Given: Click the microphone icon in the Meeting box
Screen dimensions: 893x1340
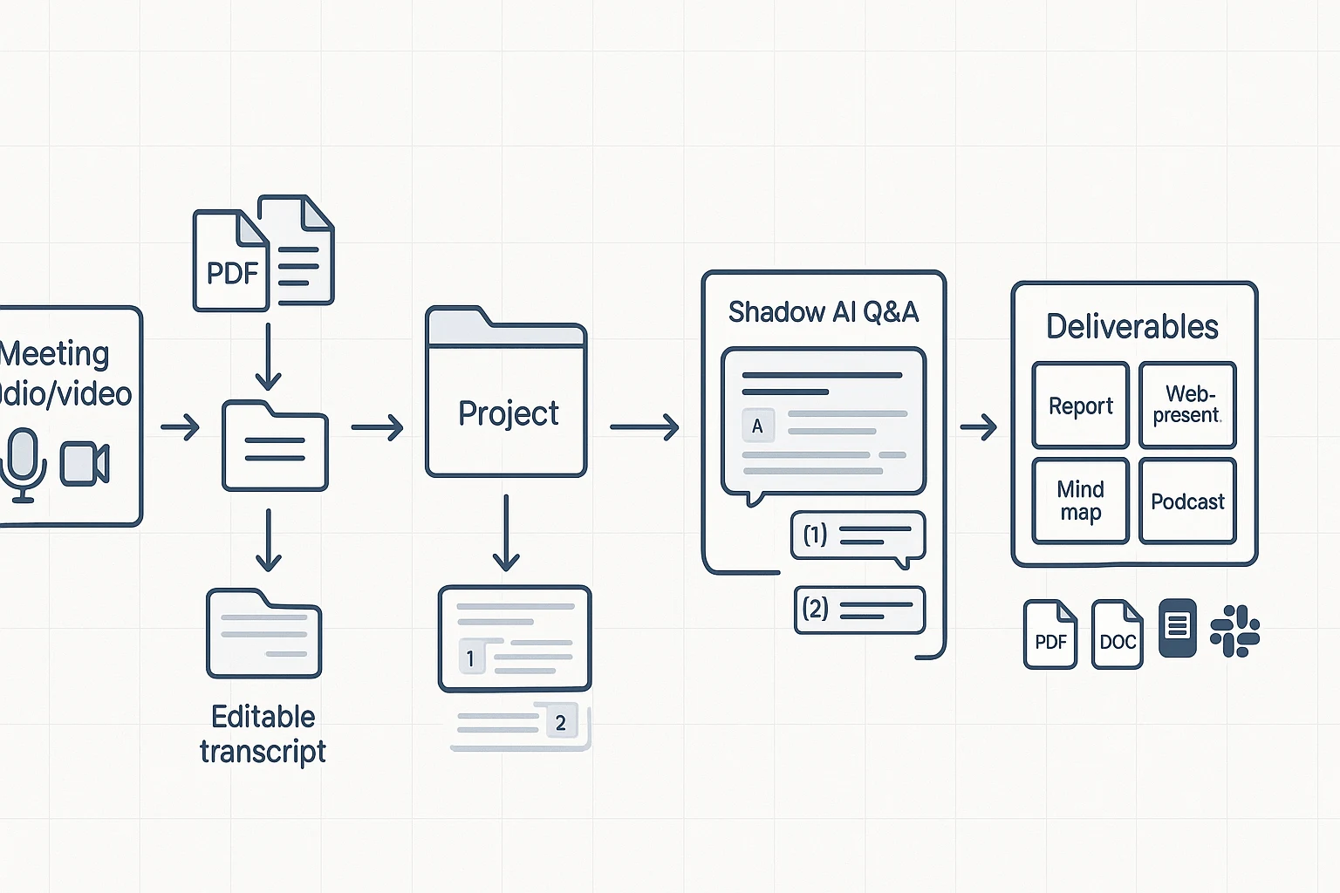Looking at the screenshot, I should coord(24,464).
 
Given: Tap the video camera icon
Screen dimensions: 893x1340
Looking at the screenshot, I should coord(85,464).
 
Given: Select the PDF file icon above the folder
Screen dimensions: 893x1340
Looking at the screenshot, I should coord(230,261).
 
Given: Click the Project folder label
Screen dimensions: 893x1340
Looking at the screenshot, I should coord(509,413).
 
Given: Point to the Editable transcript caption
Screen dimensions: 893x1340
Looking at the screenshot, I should coord(263,733).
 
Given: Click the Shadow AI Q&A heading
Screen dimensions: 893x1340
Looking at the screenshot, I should coord(824,312).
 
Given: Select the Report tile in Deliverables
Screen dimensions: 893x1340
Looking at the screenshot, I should coord(1080,406).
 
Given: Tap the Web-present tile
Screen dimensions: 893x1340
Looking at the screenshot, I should coord(1187,405).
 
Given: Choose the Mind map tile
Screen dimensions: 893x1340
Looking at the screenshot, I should coord(1080,501).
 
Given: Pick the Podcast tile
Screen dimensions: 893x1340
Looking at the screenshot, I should coord(1187,501).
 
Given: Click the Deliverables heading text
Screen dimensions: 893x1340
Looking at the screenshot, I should coord(1132,326).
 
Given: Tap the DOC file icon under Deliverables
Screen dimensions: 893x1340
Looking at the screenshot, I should coord(1118,635).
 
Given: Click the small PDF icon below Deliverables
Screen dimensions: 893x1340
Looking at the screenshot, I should coord(1050,635).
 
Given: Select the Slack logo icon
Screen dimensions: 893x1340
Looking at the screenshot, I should coord(1234,631).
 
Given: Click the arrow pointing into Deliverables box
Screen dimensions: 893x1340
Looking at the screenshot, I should coord(978,427).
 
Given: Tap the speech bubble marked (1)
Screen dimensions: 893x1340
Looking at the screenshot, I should coord(858,535).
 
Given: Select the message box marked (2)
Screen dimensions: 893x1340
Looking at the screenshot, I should coord(859,609).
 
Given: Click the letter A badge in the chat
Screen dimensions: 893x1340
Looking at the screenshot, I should coord(757,426).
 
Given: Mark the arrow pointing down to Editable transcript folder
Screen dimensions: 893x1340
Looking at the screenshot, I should coord(269,540).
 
